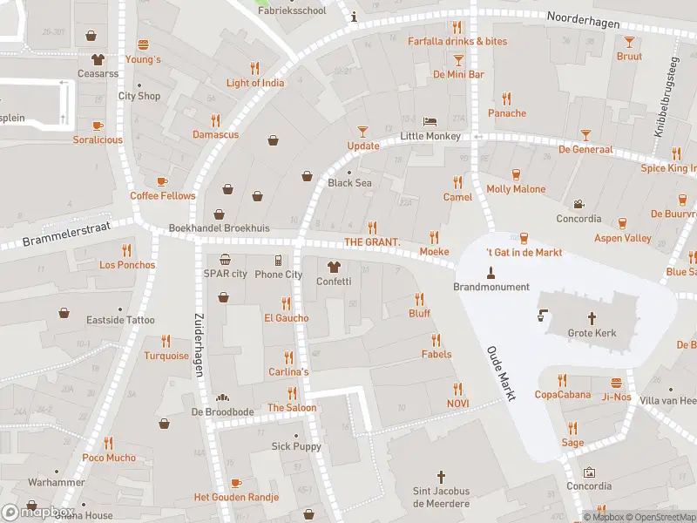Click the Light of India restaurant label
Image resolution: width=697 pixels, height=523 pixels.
pyautogui.click(x=254, y=83)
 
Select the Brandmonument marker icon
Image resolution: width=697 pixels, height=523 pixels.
pyautogui.click(x=491, y=271)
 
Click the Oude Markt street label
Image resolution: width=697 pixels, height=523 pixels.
pyautogui.click(x=500, y=370)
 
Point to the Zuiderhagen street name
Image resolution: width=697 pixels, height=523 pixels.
pyautogui.click(x=198, y=346)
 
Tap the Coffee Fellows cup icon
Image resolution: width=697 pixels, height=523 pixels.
pyautogui.click(x=162, y=180)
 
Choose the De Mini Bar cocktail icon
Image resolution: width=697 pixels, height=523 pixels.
pyautogui.click(x=458, y=59)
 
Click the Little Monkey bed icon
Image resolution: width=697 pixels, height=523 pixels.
pyautogui.click(x=429, y=121)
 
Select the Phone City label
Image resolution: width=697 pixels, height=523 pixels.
pyautogui.click(x=278, y=275)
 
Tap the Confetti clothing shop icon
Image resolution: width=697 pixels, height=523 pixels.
pyautogui.click(x=333, y=266)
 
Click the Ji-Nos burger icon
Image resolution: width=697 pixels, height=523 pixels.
pyautogui.click(x=617, y=382)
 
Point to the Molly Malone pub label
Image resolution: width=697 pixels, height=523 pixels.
pyautogui.click(x=516, y=189)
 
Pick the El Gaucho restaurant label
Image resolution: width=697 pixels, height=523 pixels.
pyautogui.click(x=286, y=318)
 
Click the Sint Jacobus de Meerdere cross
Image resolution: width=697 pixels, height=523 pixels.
pyautogui.click(x=441, y=478)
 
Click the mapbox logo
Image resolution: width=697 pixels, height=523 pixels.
pyautogui.click(x=38, y=512)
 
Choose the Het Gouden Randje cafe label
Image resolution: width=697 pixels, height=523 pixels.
pyautogui.click(x=236, y=497)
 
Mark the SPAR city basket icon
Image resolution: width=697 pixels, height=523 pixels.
pyautogui.click(x=225, y=259)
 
